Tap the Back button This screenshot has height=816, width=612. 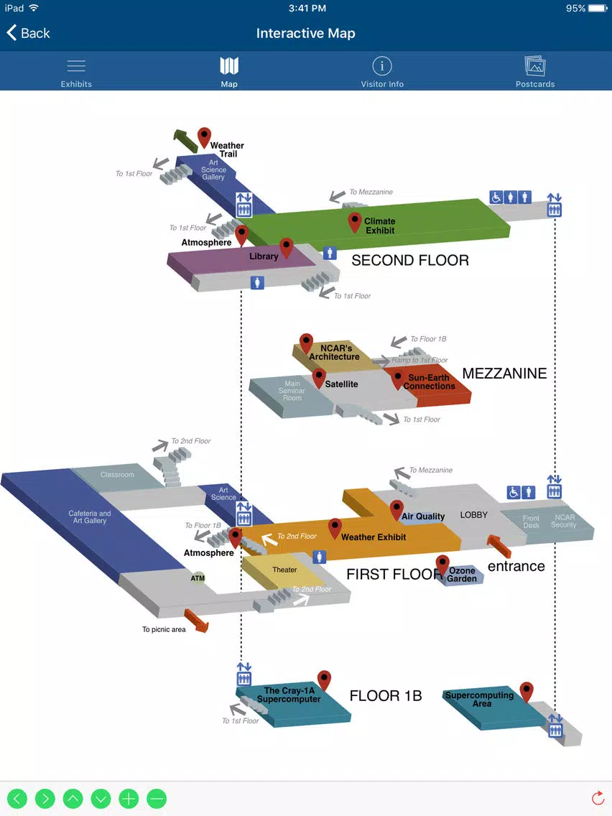[28, 33]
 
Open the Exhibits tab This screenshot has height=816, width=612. [76, 73]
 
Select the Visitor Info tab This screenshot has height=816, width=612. [382, 73]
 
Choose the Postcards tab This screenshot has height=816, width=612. [535, 73]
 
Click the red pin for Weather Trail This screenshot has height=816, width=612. [204, 137]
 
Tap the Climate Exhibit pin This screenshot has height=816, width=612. [354, 222]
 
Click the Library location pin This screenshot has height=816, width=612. [286, 249]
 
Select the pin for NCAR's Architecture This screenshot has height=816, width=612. [306, 343]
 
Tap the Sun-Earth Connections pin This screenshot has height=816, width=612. [398, 380]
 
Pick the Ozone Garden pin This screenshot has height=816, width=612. [442, 565]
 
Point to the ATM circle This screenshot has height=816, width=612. [198, 578]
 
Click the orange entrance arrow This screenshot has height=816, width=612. [499, 547]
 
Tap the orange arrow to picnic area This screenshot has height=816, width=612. [196, 621]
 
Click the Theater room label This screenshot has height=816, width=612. [284, 570]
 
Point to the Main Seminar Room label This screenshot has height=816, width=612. [292, 391]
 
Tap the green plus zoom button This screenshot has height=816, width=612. [129, 798]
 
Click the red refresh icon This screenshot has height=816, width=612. [598, 798]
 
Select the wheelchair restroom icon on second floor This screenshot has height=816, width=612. [496, 198]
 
